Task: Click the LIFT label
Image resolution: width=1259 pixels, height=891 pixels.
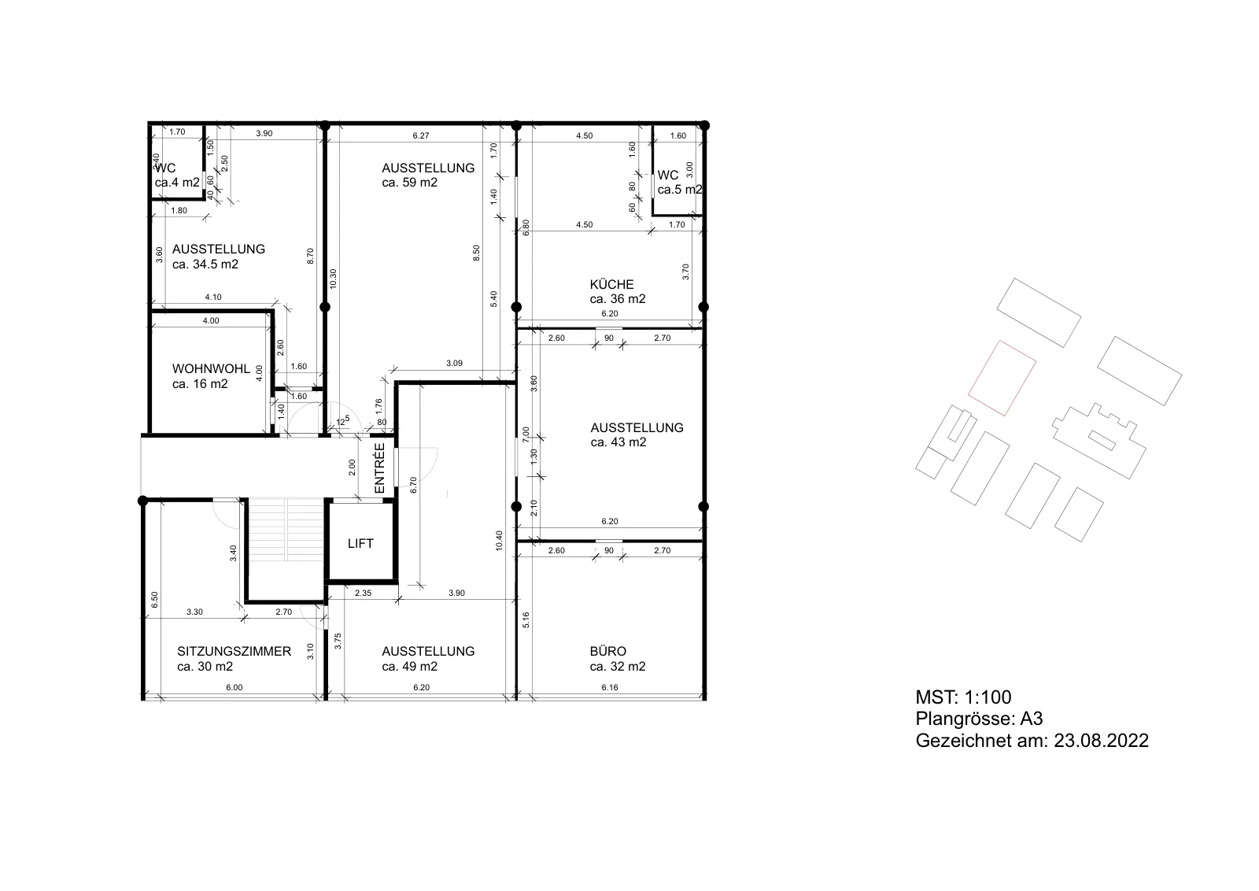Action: (x=360, y=544)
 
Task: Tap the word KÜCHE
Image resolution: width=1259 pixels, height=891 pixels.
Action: (x=611, y=284)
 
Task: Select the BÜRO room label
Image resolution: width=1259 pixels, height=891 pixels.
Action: (x=607, y=652)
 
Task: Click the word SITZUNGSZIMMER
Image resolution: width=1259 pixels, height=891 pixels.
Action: (x=234, y=652)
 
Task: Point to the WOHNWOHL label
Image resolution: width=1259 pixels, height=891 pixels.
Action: (x=211, y=369)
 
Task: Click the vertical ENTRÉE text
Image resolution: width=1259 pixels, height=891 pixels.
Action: (x=380, y=468)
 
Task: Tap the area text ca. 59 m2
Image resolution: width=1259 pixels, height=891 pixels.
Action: (x=409, y=183)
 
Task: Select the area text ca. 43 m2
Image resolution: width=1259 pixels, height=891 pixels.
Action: (x=618, y=442)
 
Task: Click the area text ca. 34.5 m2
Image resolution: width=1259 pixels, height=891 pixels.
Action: (x=205, y=264)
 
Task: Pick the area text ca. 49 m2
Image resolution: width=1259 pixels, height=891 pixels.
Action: (x=409, y=667)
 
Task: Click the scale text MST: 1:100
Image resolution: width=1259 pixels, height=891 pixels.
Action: (x=963, y=697)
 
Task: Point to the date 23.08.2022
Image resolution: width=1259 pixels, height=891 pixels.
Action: (x=1101, y=741)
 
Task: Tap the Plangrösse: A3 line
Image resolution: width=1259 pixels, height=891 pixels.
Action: (x=979, y=719)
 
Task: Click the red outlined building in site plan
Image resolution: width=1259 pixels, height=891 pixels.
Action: (x=1002, y=378)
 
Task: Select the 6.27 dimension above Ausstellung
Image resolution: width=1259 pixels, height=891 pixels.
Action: (x=420, y=135)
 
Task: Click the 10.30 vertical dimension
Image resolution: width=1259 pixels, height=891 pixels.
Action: (x=333, y=279)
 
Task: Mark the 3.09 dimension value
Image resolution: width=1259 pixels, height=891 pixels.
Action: (x=454, y=363)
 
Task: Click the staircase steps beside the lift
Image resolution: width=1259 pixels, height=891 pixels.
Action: (x=286, y=530)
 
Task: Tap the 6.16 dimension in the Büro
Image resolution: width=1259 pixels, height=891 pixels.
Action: (x=609, y=687)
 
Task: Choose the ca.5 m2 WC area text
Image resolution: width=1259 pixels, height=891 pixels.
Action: (x=680, y=190)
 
